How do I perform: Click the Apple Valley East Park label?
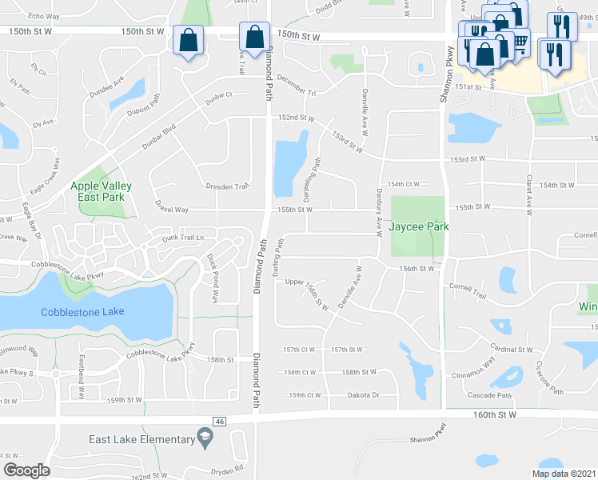[x=98, y=190]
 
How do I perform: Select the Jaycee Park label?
[x=419, y=226]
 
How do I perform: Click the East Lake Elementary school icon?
[x=205, y=438]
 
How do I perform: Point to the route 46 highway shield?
[x=218, y=421]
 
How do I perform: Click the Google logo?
[x=27, y=470]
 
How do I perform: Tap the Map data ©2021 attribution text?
[x=564, y=474]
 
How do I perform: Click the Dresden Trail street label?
[x=228, y=186]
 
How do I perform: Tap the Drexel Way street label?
[x=172, y=209]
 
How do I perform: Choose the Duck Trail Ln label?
[x=183, y=238]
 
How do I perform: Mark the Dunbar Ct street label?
[x=217, y=94]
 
